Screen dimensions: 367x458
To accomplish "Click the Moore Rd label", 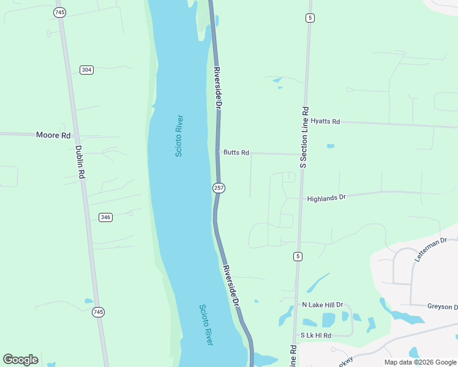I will (53, 135).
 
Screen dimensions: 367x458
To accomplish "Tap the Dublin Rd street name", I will (80, 161).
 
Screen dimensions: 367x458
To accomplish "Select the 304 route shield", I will (86, 70).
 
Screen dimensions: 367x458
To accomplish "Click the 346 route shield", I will (105, 217).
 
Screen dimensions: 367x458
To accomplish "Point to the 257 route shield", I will (219, 188).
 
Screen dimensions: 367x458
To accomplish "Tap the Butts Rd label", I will (236, 152).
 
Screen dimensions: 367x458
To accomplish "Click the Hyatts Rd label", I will (325, 122).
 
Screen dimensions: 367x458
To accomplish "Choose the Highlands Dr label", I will (326, 198).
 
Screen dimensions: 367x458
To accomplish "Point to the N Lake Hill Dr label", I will (323, 305).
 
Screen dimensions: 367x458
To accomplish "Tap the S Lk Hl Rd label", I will (316, 336).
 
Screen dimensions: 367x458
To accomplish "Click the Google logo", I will (21, 360).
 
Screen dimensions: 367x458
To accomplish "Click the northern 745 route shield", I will (59, 12).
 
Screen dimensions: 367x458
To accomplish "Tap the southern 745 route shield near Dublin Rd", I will (99, 312).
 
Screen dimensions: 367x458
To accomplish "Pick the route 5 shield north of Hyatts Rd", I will (310, 18).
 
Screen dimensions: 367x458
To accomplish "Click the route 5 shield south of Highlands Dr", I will (298, 255).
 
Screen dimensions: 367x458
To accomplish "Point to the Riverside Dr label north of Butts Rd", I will (217, 87).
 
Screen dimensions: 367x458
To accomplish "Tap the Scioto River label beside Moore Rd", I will (179, 136).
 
